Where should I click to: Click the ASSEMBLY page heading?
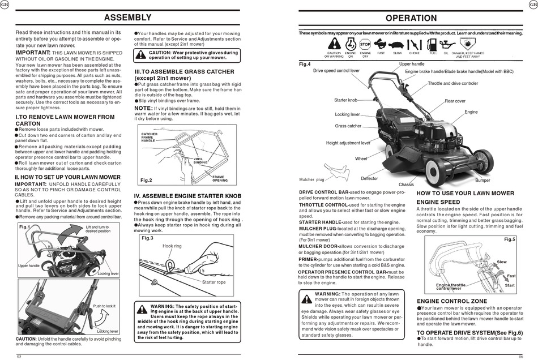point(128,18)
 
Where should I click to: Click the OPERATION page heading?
point(411,18)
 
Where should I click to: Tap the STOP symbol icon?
point(365,44)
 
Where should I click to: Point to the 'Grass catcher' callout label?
point(348,126)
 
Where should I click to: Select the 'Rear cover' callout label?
point(455,101)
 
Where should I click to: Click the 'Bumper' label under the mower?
point(483,180)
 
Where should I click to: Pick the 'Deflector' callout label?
point(369,178)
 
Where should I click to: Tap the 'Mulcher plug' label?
point(311,180)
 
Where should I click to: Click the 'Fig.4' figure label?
point(305,64)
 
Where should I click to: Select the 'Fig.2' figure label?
point(146,180)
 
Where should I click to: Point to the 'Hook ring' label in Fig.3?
point(172,246)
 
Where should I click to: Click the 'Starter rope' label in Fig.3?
point(214,282)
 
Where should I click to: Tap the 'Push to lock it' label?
point(104,306)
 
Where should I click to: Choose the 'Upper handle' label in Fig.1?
point(28,265)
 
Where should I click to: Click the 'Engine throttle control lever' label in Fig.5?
point(451,287)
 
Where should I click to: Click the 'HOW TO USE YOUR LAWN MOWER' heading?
point(465,194)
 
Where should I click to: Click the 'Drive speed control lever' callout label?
point(336,71)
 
